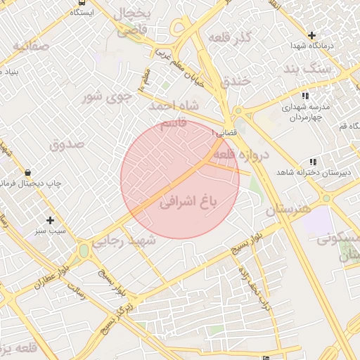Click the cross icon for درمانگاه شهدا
(311, 35)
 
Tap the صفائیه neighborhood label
(30, 47)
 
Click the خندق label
(235, 80)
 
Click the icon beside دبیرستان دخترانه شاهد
(312, 162)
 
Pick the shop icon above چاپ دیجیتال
(27, 172)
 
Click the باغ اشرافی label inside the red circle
(190, 202)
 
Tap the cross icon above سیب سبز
(49, 220)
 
